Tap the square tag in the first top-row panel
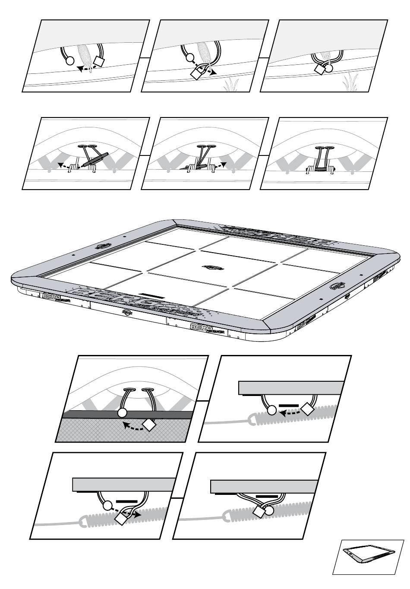tap(99, 62)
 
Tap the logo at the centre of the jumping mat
tap(211, 267)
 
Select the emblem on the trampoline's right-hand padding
tap(337, 285)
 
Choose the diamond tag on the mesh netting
tap(149, 425)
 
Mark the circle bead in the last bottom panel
tap(269, 511)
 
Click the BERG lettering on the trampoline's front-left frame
tap(52, 296)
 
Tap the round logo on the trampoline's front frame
tap(126, 312)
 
